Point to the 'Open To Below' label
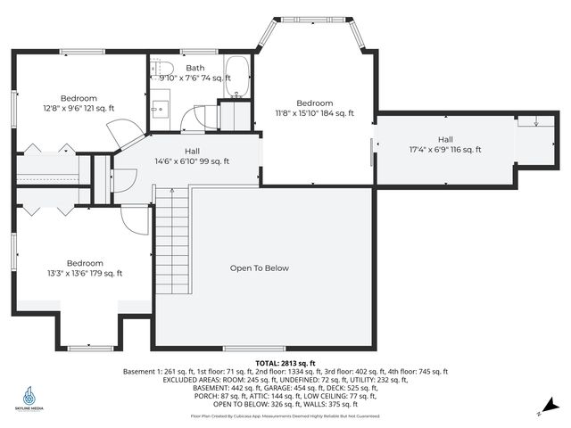[x=260, y=267]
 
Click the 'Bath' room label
[x=195, y=68]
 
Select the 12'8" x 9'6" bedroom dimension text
[x=79, y=109]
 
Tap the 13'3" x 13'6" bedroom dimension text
[x=86, y=274]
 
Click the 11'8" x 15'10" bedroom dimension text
[x=315, y=113]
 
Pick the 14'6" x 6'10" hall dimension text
[x=193, y=161]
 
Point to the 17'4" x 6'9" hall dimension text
[x=445, y=150]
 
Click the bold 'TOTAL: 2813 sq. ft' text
[x=285, y=364]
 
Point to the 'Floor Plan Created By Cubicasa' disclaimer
[x=285, y=416]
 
